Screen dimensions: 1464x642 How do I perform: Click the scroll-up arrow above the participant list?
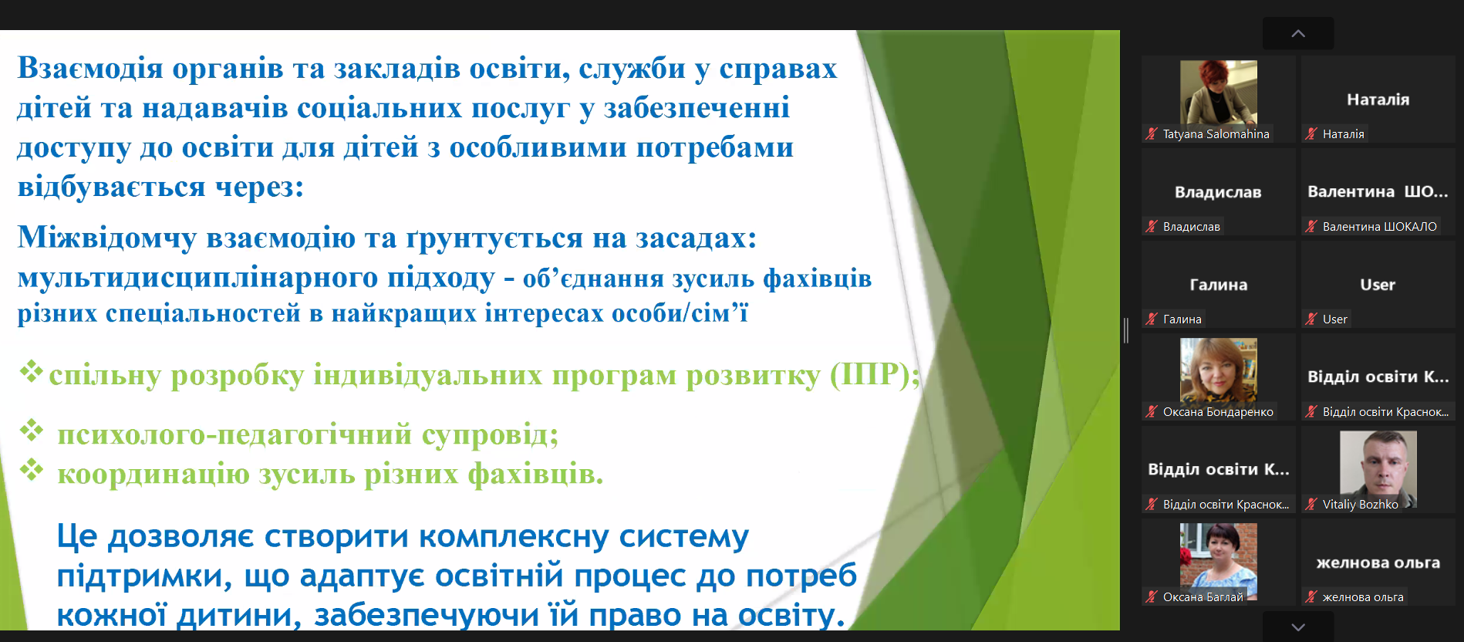pyautogui.click(x=1298, y=33)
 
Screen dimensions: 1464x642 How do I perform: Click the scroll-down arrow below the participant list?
pyautogui.click(x=1298, y=627)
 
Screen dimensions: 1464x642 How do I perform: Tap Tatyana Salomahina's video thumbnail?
pyautogui.click(x=1219, y=93)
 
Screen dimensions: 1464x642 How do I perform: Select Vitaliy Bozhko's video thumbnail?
pyautogui.click(x=1378, y=463)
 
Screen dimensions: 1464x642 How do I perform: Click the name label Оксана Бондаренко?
pyautogui.click(x=1218, y=412)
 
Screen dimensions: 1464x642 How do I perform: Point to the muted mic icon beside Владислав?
pyautogui.click(x=1152, y=226)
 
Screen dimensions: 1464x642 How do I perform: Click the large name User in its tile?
pyautogui.click(x=1378, y=285)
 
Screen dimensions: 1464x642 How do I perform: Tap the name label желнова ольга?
pyautogui.click(x=1363, y=597)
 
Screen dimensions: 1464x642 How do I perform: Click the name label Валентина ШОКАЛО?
pyautogui.click(x=1380, y=227)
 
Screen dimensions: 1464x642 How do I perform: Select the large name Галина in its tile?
pyautogui.click(x=1219, y=285)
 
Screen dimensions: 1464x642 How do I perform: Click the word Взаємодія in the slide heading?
pyautogui.click(x=90, y=69)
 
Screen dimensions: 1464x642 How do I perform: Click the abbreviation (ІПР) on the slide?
pyautogui.click(x=875, y=375)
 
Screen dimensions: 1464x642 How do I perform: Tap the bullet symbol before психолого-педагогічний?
pyautogui.click(x=32, y=430)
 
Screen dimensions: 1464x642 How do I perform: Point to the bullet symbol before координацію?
pyautogui.click(x=32, y=468)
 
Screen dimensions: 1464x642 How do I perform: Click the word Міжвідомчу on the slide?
pyautogui.click(x=107, y=238)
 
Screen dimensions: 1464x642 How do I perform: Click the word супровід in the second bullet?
pyautogui.click(x=490, y=435)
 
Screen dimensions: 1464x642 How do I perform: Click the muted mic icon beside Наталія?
pyautogui.click(x=1311, y=133)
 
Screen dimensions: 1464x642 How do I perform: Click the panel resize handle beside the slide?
pyautogui.click(x=1126, y=330)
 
